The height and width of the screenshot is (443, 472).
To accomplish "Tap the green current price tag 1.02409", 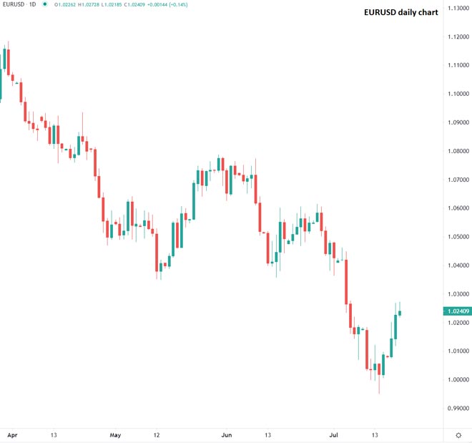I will click(x=456, y=311).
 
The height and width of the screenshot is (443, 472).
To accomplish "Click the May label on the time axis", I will click(x=115, y=434).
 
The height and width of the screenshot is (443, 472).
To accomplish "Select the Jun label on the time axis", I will click(x=227, y=434).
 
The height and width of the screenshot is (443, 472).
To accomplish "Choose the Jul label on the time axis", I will click(x=333, y=434).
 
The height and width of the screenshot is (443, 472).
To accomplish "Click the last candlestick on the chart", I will click(x=400, y=312).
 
